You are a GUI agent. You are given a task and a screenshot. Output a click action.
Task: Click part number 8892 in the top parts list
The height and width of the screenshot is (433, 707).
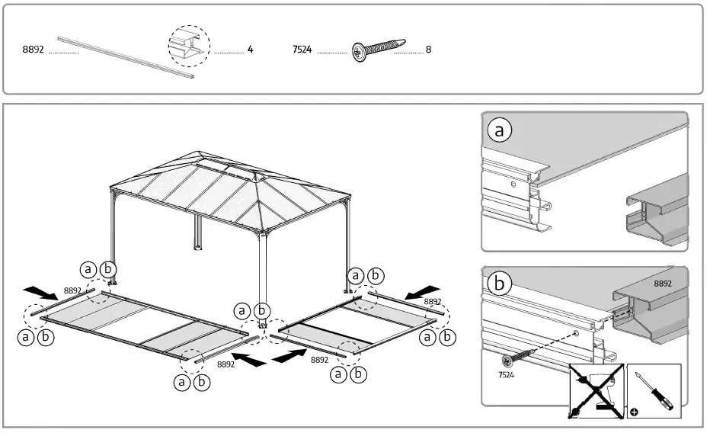(x=34, y=50)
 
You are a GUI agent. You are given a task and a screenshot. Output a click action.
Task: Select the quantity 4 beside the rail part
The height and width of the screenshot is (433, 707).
(x=250, y=50)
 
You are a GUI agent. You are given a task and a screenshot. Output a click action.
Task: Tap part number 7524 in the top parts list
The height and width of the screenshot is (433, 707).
(x=302, y=50)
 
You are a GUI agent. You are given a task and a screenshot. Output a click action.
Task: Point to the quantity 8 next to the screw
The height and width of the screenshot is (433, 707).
(x=428, y=50)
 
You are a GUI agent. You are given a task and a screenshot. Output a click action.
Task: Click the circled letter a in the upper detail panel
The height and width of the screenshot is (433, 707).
(x=499, y=130)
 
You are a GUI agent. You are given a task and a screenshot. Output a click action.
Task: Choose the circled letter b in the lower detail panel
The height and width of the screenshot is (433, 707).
(x=499, y=283)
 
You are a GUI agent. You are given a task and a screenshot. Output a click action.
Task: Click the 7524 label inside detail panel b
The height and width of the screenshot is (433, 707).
(x=507, y=376)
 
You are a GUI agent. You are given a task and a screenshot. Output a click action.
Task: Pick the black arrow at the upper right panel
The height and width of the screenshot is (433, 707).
(x=424, y=292)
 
